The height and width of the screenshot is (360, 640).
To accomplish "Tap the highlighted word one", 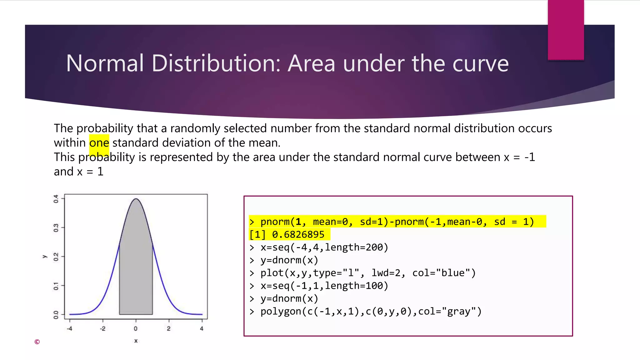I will click(x=99, y=143).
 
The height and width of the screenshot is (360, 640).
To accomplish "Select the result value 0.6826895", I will click(x=298, y=234).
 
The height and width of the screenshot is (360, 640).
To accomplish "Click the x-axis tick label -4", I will click(x=69, y=328).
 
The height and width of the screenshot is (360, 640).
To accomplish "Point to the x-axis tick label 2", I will click(x=169, y=328).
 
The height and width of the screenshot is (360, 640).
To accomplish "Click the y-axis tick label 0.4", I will click(x=56, y=199).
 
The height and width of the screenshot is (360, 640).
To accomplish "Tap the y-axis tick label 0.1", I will click(x=56, y=286).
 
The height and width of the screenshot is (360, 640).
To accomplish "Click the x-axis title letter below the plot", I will click(x=136, y=341).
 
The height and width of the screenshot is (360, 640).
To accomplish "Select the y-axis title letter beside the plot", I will click(x=44, y=257).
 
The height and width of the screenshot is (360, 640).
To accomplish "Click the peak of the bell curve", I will click(x=136, y=199).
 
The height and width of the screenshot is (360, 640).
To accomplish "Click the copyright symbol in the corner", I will click(x=37, y=342).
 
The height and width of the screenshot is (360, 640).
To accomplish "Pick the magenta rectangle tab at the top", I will click(x=566, y=30).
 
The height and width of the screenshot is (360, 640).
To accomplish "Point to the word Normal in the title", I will click(x=105, y=63).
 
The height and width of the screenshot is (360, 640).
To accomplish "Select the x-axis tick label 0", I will click(x=136, y=328).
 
